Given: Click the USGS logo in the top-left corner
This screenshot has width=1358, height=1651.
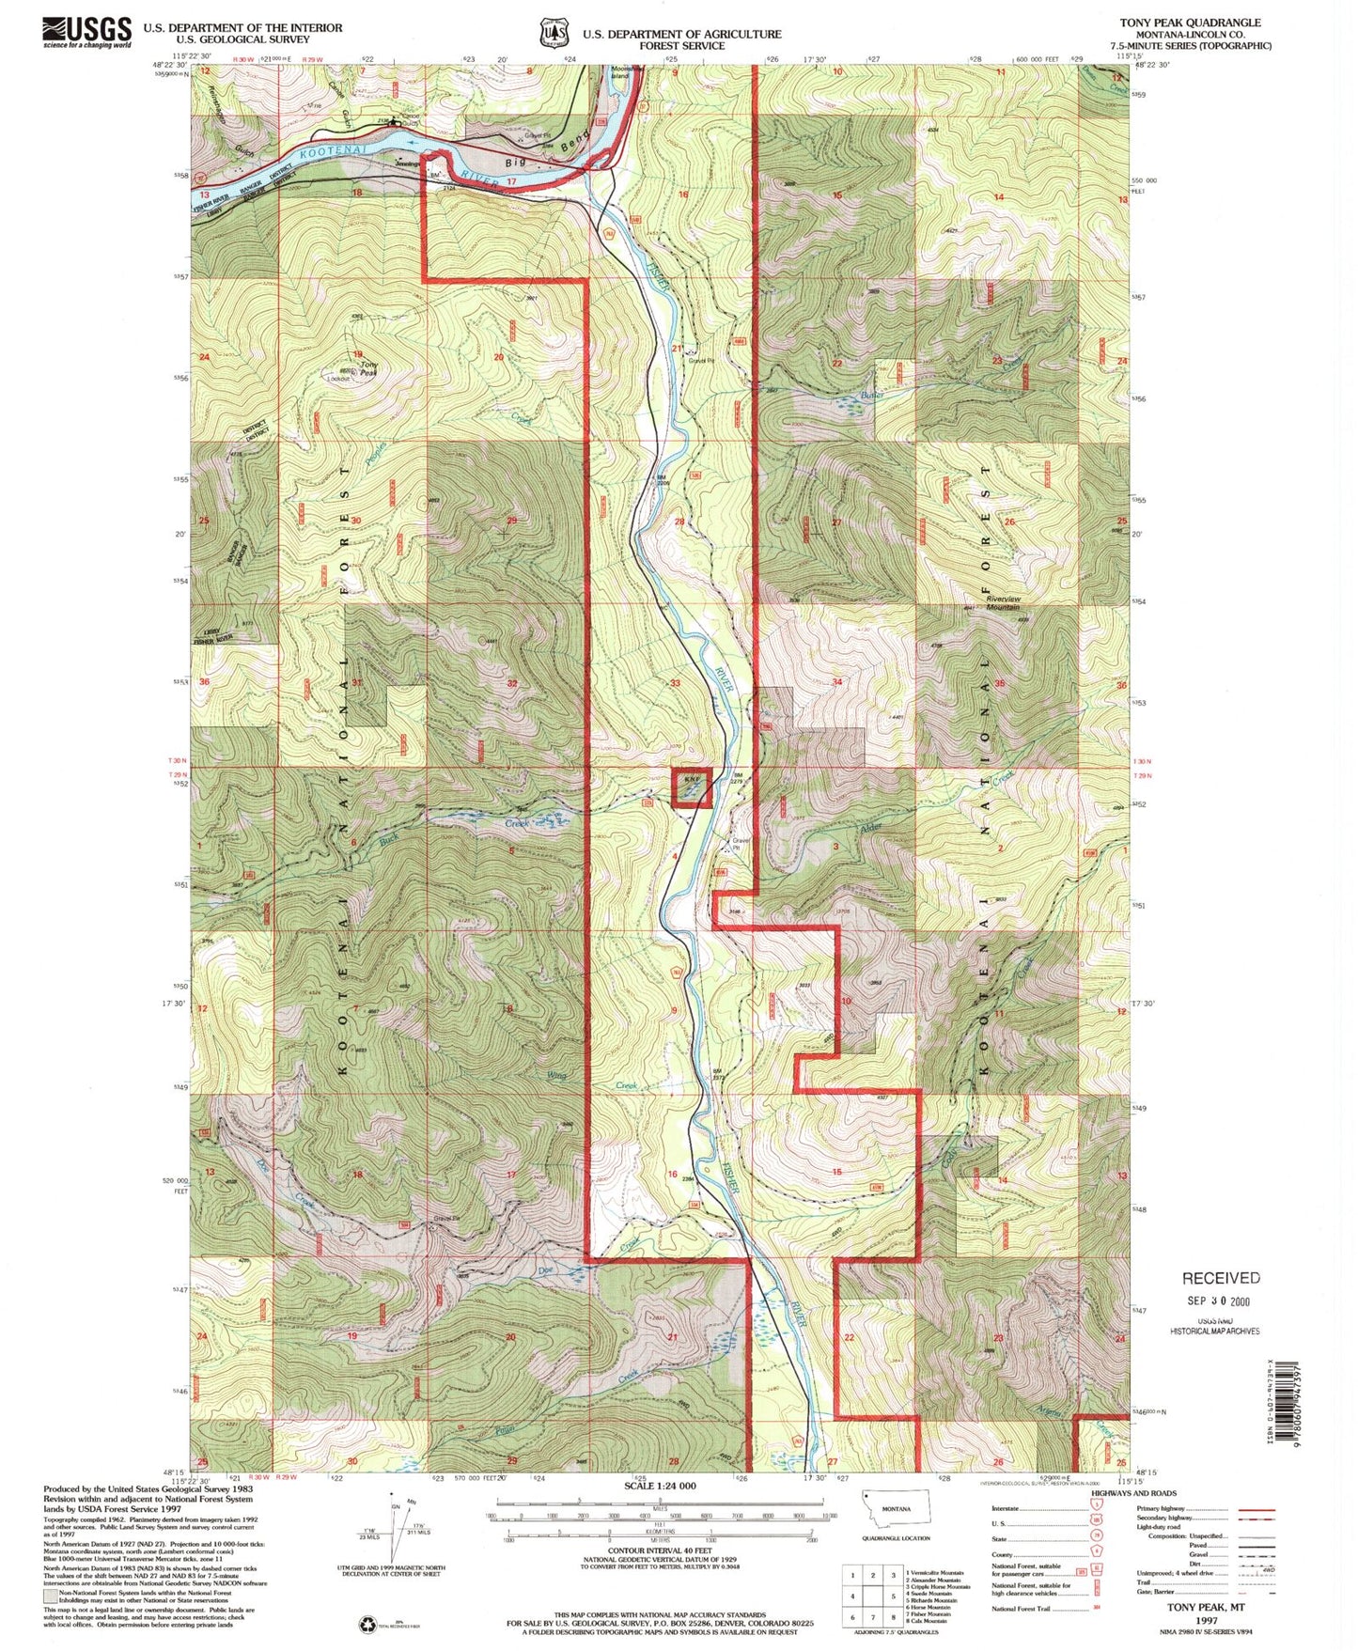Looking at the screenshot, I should coord(86,32).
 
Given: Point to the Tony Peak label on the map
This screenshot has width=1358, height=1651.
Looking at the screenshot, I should coord(369,368).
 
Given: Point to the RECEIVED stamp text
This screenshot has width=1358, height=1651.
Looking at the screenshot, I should coord(1221,1278).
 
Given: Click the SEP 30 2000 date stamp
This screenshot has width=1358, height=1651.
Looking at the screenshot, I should coord(1219,1301).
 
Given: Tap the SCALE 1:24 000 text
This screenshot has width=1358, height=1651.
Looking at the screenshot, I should coord(660,1486).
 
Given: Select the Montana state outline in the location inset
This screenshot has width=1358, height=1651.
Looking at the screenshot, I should coord(896,1514).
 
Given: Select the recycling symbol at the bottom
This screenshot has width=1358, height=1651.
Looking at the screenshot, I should coord(367,1624).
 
